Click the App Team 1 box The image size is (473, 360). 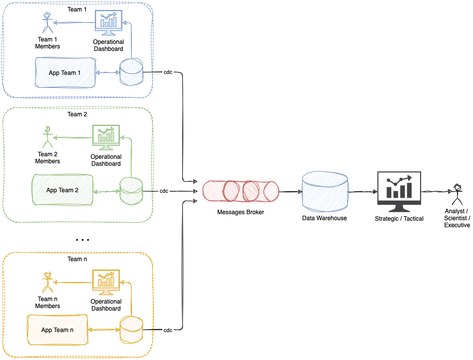[x=65, y=73]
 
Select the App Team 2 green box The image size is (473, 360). [x=62, y=190]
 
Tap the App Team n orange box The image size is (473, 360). [x=57, y=330]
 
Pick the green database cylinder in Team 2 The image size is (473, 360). [x=131, y=191]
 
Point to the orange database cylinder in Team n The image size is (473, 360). [x=131, y=330]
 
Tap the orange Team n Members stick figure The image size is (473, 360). [x=47, y=282]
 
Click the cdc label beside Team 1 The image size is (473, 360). [x=168, y=73]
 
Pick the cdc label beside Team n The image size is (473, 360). [x=168, y=330]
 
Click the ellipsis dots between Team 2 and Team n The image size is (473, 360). [x=82, y=240]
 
